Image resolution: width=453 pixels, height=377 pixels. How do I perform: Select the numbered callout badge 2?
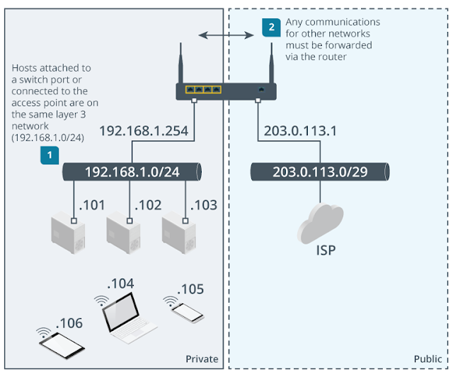point(270,28)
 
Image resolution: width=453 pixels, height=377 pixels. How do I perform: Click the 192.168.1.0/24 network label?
point(131,172)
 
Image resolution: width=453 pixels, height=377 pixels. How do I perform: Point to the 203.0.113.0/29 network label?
point(320,172)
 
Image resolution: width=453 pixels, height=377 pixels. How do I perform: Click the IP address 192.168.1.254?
point(144,131)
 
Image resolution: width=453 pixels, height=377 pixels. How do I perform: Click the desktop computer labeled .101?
point(69,234)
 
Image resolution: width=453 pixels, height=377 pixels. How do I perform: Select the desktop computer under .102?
point(123,234)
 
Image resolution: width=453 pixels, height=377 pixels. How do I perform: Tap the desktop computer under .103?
point(178,234)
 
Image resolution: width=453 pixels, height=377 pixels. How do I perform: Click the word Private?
point(202,359)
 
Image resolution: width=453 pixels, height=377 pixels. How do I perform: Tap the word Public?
point(428,359)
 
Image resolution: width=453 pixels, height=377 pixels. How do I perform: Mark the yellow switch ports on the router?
point(203,90)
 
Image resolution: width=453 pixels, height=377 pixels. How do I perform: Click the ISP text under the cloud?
point(320,250)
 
